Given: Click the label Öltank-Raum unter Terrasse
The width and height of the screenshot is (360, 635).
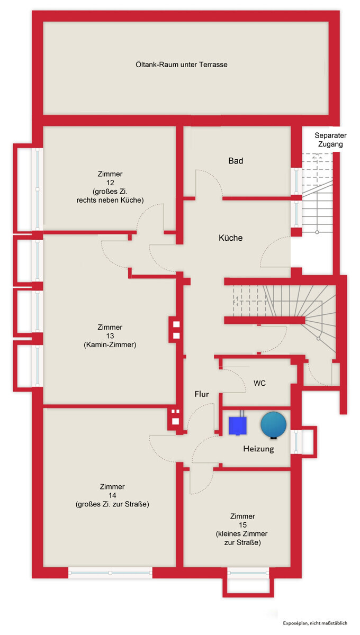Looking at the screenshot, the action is coord(181,65).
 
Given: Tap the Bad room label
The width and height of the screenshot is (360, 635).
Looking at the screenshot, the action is coord(236,161).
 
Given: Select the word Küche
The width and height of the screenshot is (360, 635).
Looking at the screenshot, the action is coord(230,238).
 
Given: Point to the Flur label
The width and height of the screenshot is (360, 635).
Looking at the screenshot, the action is coord(201,394).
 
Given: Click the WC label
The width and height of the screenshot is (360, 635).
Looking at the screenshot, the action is coord(259,383).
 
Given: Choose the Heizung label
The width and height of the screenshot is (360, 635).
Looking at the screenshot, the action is coord(258,449).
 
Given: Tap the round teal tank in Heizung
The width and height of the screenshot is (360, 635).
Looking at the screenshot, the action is coord(274,424).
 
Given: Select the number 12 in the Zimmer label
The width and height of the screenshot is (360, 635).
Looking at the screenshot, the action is coord(110,183).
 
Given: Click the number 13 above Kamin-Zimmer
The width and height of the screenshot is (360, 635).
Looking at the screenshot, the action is coord(110,336).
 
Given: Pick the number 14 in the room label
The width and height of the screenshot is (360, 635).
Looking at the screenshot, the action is coord(112,495).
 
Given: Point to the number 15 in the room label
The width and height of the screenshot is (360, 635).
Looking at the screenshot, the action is coord(242,525).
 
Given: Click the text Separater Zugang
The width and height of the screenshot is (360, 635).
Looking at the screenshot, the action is coord(330,140).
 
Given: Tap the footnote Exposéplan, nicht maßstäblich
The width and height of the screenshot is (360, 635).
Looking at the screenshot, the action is coord(315,623).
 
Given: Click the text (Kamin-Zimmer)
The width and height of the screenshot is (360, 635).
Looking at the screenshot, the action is coord(110,344).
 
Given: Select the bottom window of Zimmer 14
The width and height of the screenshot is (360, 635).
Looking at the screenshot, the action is coord(110,573).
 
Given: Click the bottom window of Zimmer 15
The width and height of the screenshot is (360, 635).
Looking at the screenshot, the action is coord(248,573).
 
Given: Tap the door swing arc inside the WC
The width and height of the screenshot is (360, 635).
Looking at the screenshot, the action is coord(238,378).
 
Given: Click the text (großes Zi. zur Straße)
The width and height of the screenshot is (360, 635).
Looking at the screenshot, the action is coord(112,504).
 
